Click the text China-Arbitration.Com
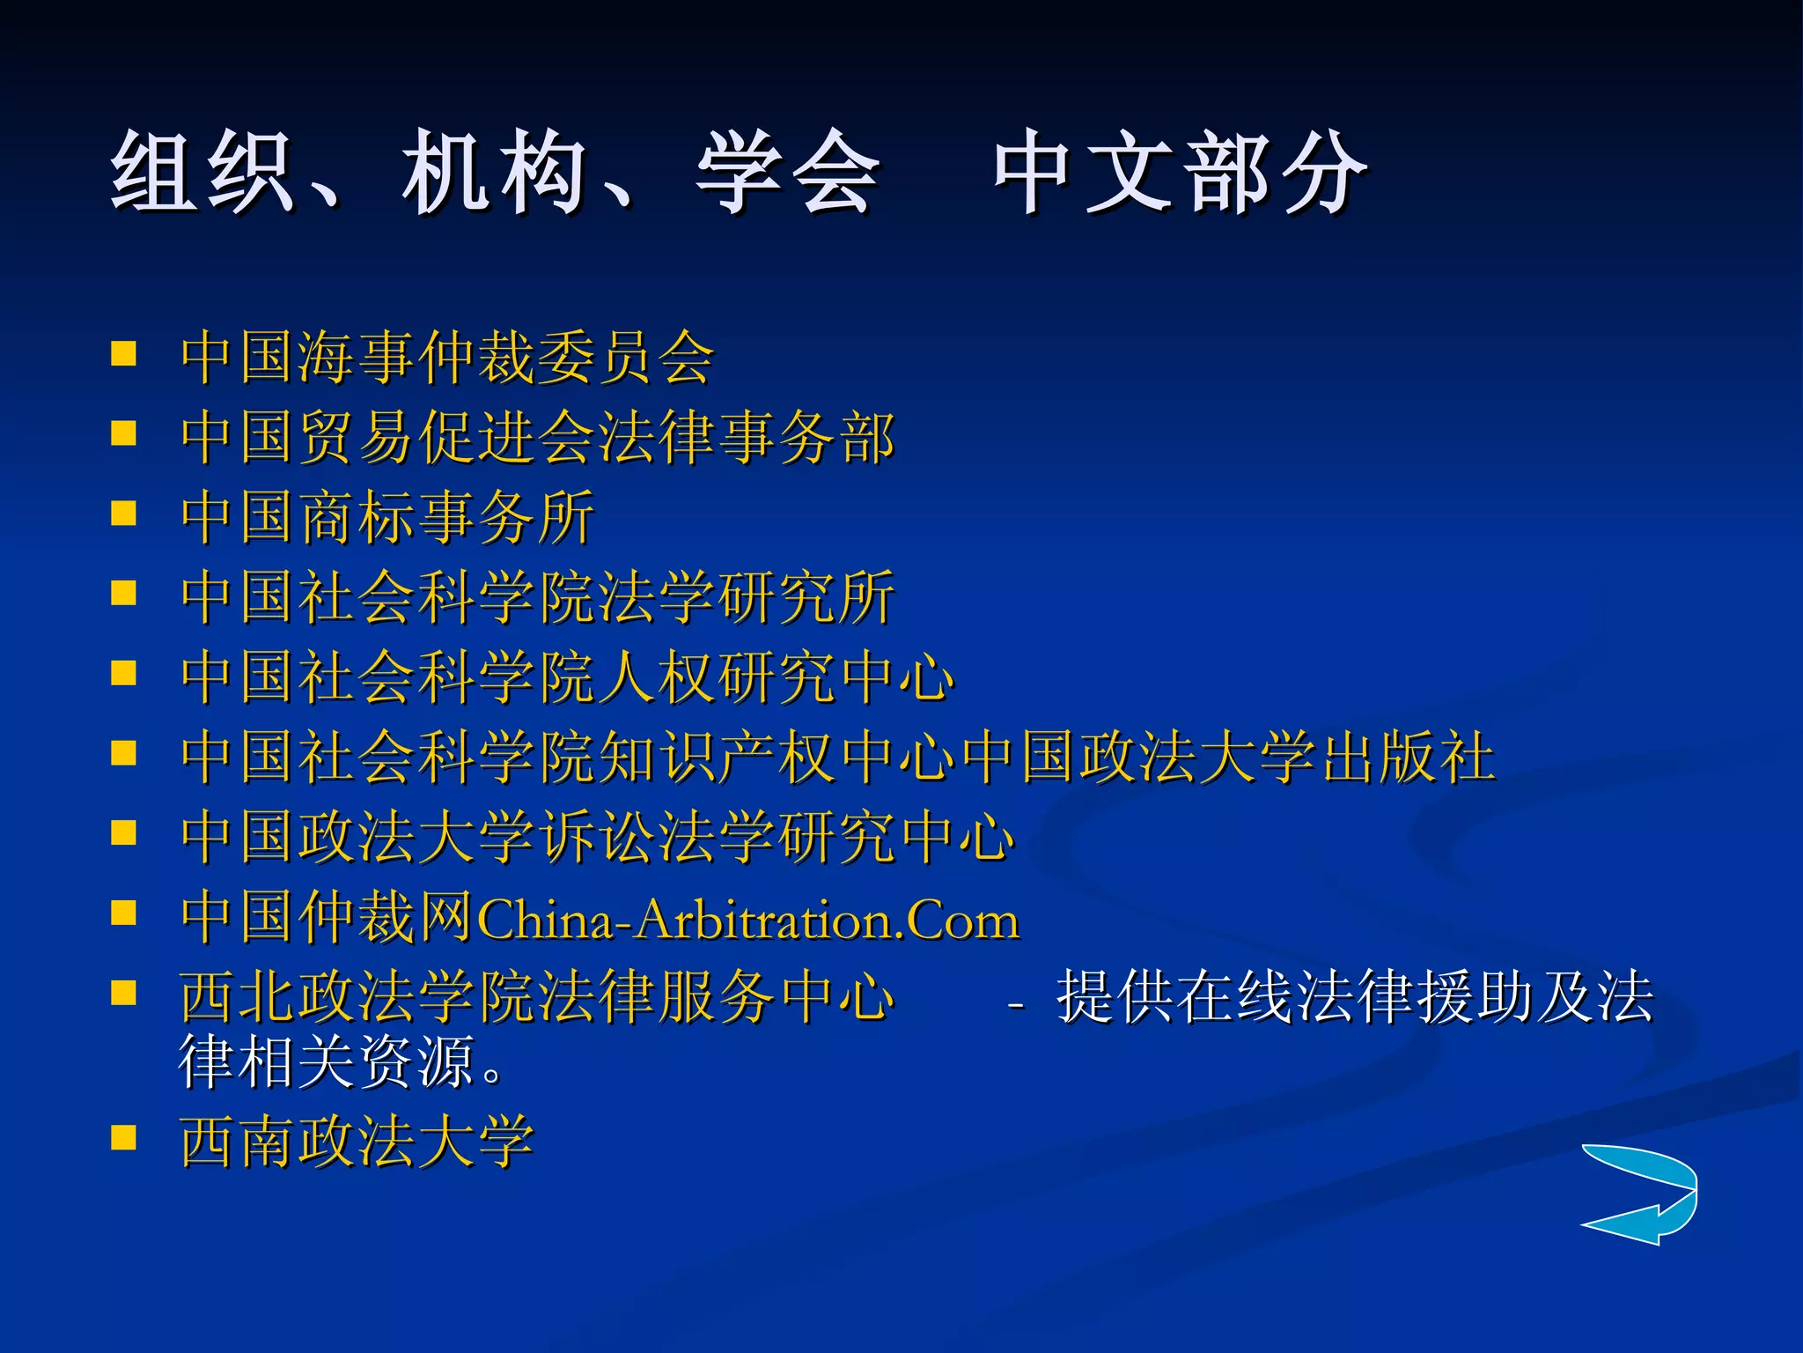[748, 920]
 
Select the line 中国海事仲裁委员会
[447, 358]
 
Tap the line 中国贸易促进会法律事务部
[538, 437]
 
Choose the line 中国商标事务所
[387, 517]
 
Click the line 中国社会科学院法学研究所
[538, 597]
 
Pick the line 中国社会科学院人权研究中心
[568, 677]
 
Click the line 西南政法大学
[357, 1142]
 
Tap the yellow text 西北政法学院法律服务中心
[537, 997]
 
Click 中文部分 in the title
[1180, 172]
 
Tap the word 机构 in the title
[493, 172]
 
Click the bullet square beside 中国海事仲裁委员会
[124, 354]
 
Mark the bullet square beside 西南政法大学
[124, 1138]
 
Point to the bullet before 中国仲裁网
[124, 913]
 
